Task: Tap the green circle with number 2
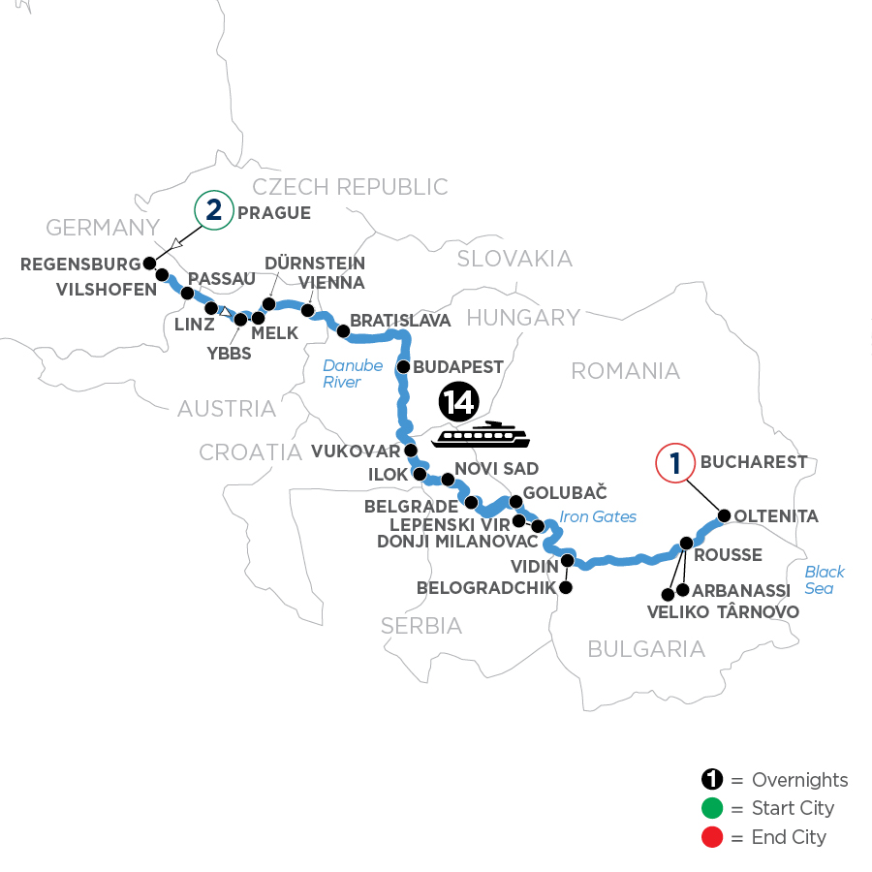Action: pos(214,211)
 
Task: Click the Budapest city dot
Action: pos(404,367)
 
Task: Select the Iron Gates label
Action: pos(598,516)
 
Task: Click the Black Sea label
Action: pos(825,579)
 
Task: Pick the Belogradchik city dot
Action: pos(565,587)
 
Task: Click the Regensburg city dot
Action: pos(149,263)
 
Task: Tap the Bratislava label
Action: pos(400,320)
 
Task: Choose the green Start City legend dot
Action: pos(712,808)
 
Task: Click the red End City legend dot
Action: pos(712,836)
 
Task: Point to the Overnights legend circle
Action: pos(712,780)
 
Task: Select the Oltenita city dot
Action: pos(724,515)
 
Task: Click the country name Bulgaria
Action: pos(646,649)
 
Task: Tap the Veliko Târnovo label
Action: pos(723,611)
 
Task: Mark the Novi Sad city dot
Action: pos(447,479)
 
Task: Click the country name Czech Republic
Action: pos(350,186)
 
